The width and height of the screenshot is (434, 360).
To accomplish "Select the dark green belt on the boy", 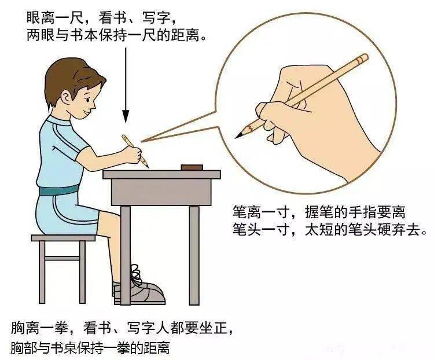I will click(x=58, y=190).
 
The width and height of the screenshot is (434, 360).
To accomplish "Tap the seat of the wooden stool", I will click(x=63, y=237).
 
